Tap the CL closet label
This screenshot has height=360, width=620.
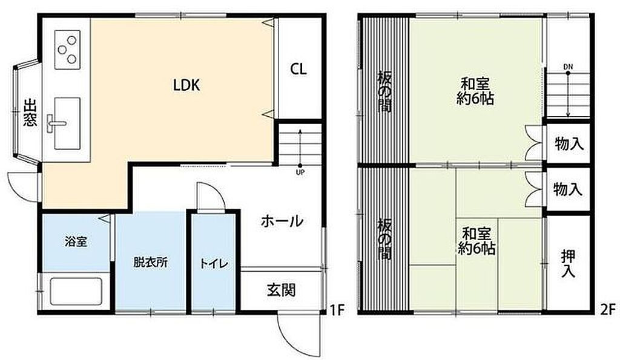click(x=297, y=69)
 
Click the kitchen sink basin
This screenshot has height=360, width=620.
click(x=66, y=123)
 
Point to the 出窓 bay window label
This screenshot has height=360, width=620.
click(x=30, y=113)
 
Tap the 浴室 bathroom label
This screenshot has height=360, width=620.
click(x=76, y=242)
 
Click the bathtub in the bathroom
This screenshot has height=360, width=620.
click(x=75, y=291)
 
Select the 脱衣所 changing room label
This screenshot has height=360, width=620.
click(x=150, y=263)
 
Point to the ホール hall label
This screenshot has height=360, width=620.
click(x=282, y=221)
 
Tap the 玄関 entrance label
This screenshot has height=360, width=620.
click(x=281, y=290)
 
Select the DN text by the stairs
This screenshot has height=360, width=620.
click(x=567, y=66)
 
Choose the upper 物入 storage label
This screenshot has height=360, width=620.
click(x=569, y=144)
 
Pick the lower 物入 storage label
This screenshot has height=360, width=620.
click(x=568, y=189)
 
